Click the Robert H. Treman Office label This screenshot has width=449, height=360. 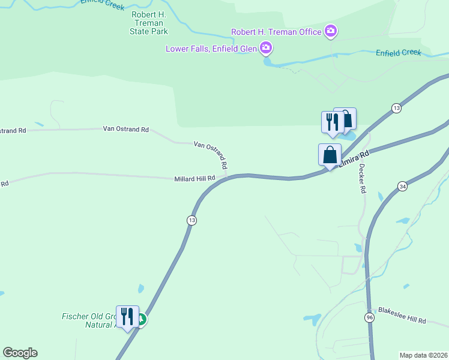coord(276,31)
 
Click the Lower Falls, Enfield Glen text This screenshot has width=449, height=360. coord(212,48)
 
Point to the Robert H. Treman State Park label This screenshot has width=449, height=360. coord(148,23)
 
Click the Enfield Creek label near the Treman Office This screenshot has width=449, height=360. coord(399,53)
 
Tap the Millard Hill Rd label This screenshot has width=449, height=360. coord(194,179)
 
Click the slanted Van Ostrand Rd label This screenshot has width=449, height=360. coord(211,154)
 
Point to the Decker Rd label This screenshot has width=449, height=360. coord(362,179)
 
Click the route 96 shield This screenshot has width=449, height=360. coord(370,317)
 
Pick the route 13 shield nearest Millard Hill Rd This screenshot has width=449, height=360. coord(191,220)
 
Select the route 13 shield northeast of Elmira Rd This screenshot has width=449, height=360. coord(396,108)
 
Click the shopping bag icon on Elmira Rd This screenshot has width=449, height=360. coord(330,155)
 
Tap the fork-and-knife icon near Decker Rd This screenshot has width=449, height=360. coord(332,122)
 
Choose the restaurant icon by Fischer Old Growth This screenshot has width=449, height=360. coord(127,316)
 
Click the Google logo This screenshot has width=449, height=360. coord(20,353)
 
